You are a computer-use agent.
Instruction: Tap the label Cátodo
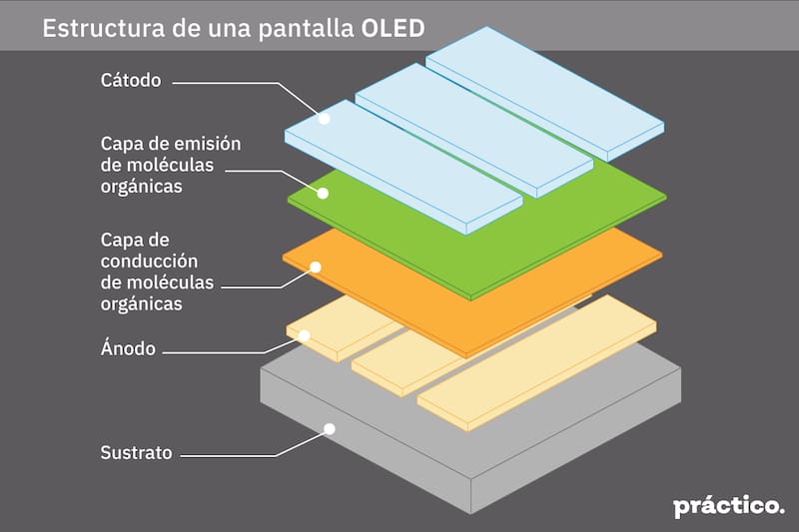(131, 81)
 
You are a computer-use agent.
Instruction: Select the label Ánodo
(128, 349)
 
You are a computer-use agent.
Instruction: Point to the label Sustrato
(136, 452)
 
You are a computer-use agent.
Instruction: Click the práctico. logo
(728, 506)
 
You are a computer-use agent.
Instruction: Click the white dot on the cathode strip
(324, 118)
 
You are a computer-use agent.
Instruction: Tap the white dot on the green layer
(323, 193)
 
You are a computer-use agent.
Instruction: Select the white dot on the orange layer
(315, 266)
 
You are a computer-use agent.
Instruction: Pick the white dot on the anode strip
(305, 335)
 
